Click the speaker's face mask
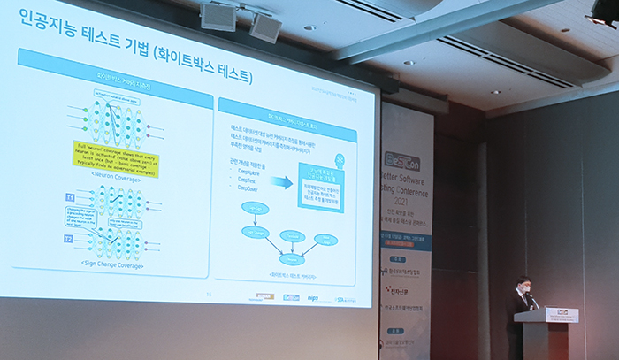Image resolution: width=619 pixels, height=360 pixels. coord(524,287)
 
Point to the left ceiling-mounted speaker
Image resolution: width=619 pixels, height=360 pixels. coord(218,16)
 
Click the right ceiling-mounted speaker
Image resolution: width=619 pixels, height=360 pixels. coord(264,26)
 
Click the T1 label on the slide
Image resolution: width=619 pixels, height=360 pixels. coord(70,196)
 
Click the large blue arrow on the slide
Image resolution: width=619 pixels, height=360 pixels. coord(282,182)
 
